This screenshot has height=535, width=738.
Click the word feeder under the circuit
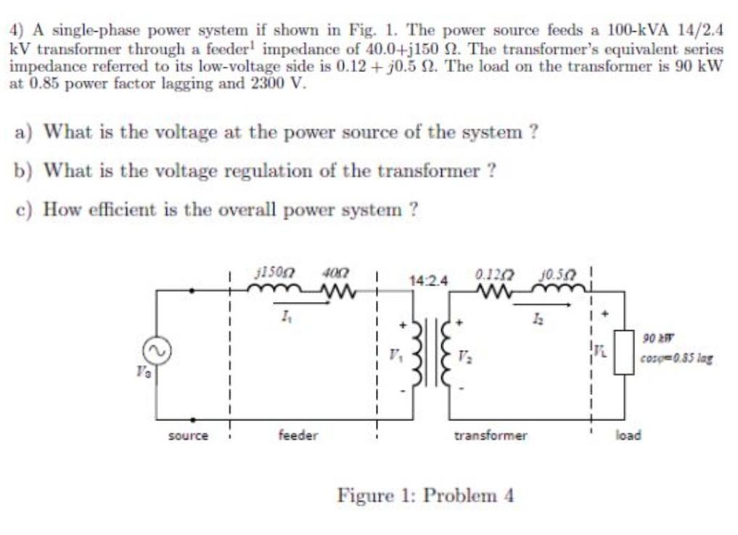pyautogui.click(x=298, y=436)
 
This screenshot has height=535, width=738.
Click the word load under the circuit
pyautogui.click(x=628, y=436)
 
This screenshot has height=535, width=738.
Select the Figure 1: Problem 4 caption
pyautogui.click(x=425, y=497)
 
